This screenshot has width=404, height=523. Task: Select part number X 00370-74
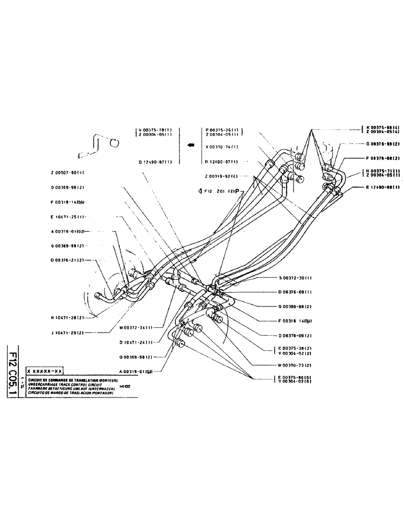coord(222,146)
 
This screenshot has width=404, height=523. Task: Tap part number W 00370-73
coord(295,365)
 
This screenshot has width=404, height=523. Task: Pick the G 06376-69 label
coord(383,143)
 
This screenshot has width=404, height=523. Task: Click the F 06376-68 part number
coord(383,158)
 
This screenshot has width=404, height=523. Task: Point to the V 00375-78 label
coord(156,129)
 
